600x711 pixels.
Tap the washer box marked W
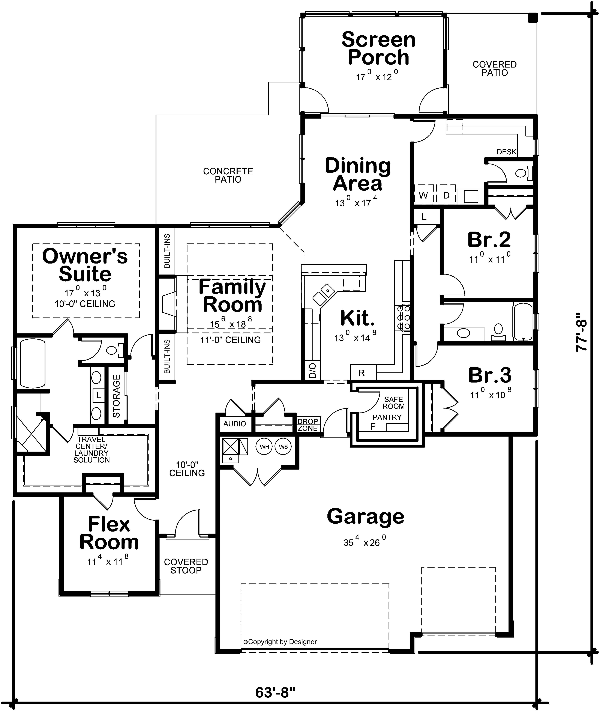(x=423, y=195)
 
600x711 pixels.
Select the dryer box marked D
(x=446, y=195)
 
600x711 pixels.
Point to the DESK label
(x=506, y=152)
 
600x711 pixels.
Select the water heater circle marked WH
(x=265, y=447)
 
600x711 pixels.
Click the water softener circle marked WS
(x=283, y=447)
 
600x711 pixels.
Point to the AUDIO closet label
(x=235, y=424)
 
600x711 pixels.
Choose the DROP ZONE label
(x=307, y=425)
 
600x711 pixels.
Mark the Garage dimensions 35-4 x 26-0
(x=365, y=542)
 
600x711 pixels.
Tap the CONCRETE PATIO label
(x=228, y=175)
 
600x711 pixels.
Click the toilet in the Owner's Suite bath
(x=113, y=350)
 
